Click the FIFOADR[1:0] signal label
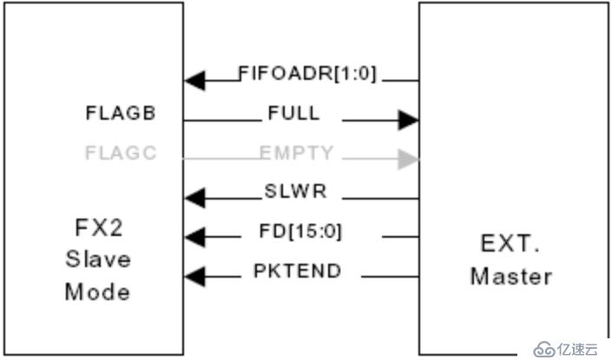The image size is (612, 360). pos(308,74)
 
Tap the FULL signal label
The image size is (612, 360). pos(294,113)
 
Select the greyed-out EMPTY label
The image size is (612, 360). pos(296,153)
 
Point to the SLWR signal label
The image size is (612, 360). pos(295,191)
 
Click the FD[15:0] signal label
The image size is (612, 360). pos(299,232)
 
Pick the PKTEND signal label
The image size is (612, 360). pos(298,271)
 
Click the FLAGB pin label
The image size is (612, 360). pos(121,113)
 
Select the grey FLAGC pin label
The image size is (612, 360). pos(121,154)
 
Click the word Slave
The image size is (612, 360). pos(97,259)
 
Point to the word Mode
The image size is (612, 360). pos(97,290)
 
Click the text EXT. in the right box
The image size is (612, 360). pos(511,245)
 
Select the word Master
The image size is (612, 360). pos(511,277)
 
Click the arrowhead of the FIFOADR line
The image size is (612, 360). pos(194,82)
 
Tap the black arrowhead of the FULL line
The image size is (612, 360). pos(408,120)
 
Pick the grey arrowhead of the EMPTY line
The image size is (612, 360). pos(408,160)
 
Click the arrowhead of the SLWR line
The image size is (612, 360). pos(194,199)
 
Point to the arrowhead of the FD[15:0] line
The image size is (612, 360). pos(194,236)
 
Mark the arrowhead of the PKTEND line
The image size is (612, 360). pos(194,277)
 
